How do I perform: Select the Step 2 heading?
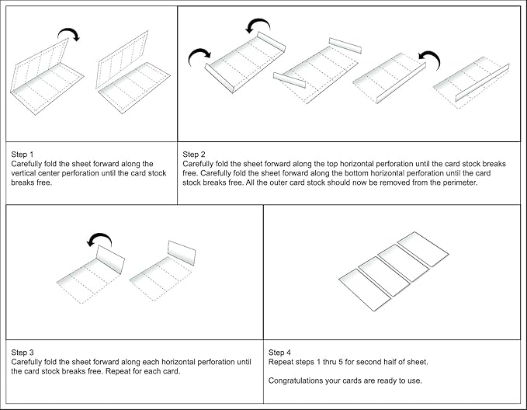click(195, 155)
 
